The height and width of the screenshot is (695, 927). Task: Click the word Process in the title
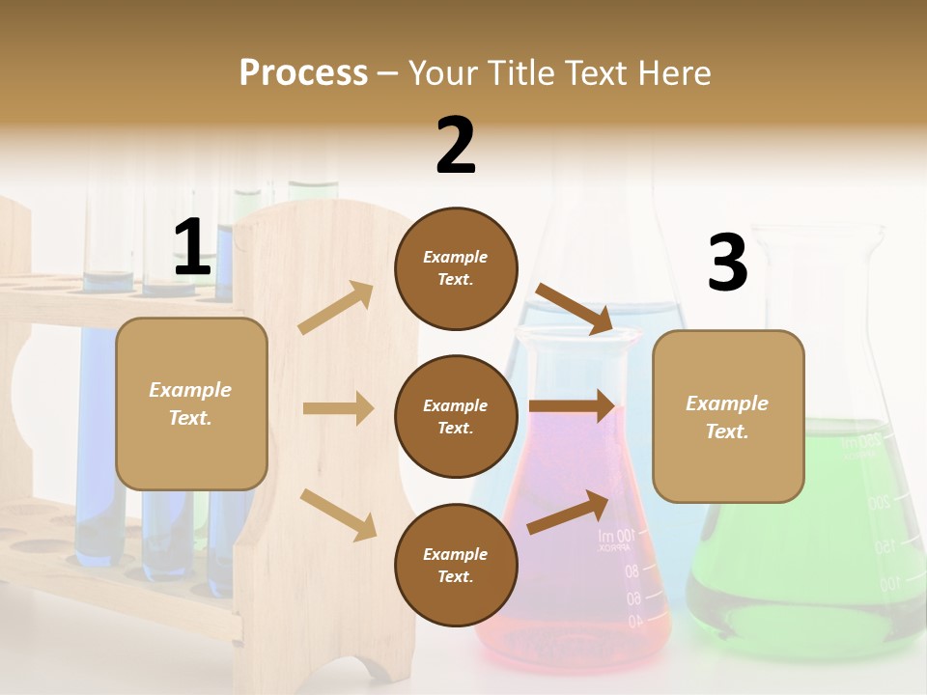pyautogui.click(x=303, y=73)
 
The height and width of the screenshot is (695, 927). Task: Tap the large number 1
pyautogui.click(x=192, y=248)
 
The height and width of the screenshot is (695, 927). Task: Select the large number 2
pyautogui.click(x=456, y=146)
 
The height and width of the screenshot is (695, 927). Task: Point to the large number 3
pyautogui.click(x=727, y=264)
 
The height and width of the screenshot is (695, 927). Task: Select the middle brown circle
pyautogui.click(x=456, y=416)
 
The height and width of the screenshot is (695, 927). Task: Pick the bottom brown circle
pyautogui.click(x=456, y=565)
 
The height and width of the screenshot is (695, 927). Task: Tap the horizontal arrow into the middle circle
pyautogui.click(x=338, y=408)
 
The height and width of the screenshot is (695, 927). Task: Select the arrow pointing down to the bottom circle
pyautogui.click(x=339, y=514)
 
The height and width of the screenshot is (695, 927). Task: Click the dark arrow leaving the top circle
pyautogui.click(x=576, y=308)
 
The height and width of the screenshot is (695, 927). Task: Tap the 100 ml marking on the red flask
pyautogui.click(x=617, y=536)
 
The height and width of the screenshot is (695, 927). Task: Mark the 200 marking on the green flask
pyautogui.click(x=878, y=503)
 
